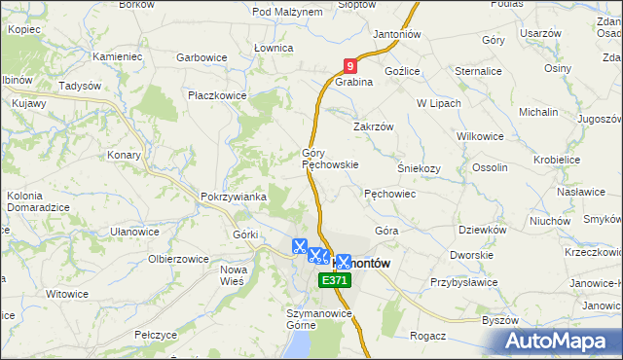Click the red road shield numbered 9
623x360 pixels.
(x=350, y=67)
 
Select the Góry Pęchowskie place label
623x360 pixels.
(x=330, y=160)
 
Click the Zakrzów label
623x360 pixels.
(x=372, y=126)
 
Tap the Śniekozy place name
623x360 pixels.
(x=419, y=167)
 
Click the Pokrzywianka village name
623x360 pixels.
(x=234, y=197)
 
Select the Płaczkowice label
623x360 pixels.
(x=218, y=96)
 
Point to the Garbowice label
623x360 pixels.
(x=202, y=58)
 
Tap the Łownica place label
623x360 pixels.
(x=273, y=48)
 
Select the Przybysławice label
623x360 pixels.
(x=464, y=282)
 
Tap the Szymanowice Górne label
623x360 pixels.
(x=317, y=320)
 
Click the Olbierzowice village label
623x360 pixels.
(x=179, y=259)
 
